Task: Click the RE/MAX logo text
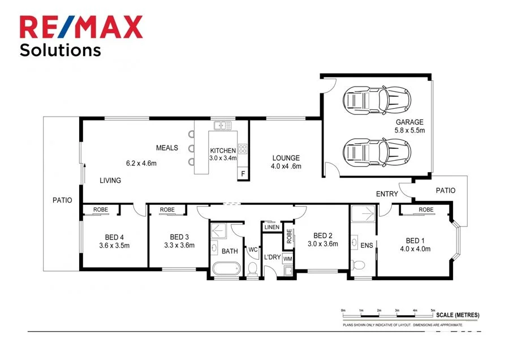click(x=81, y=27)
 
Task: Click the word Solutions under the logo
click(x=60, y=50)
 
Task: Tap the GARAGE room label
click(x=409, y=122)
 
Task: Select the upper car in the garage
click(x=376, y=100)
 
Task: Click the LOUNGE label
click(x=286, y=158)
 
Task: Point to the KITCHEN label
click(x=223, y=151)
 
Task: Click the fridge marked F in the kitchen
click(x=243, y=174)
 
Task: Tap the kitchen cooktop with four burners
click(x=243, y=149)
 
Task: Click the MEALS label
click(x=167, y=148)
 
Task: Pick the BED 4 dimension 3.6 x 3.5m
click(x=114, y=246)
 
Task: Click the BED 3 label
click(x=179, y=237)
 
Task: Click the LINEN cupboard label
click(x=271, y=228)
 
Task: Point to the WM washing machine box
click(x=287, y=258)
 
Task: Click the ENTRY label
click(x=387, y=194)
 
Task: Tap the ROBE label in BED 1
click(x=426, y=210)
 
